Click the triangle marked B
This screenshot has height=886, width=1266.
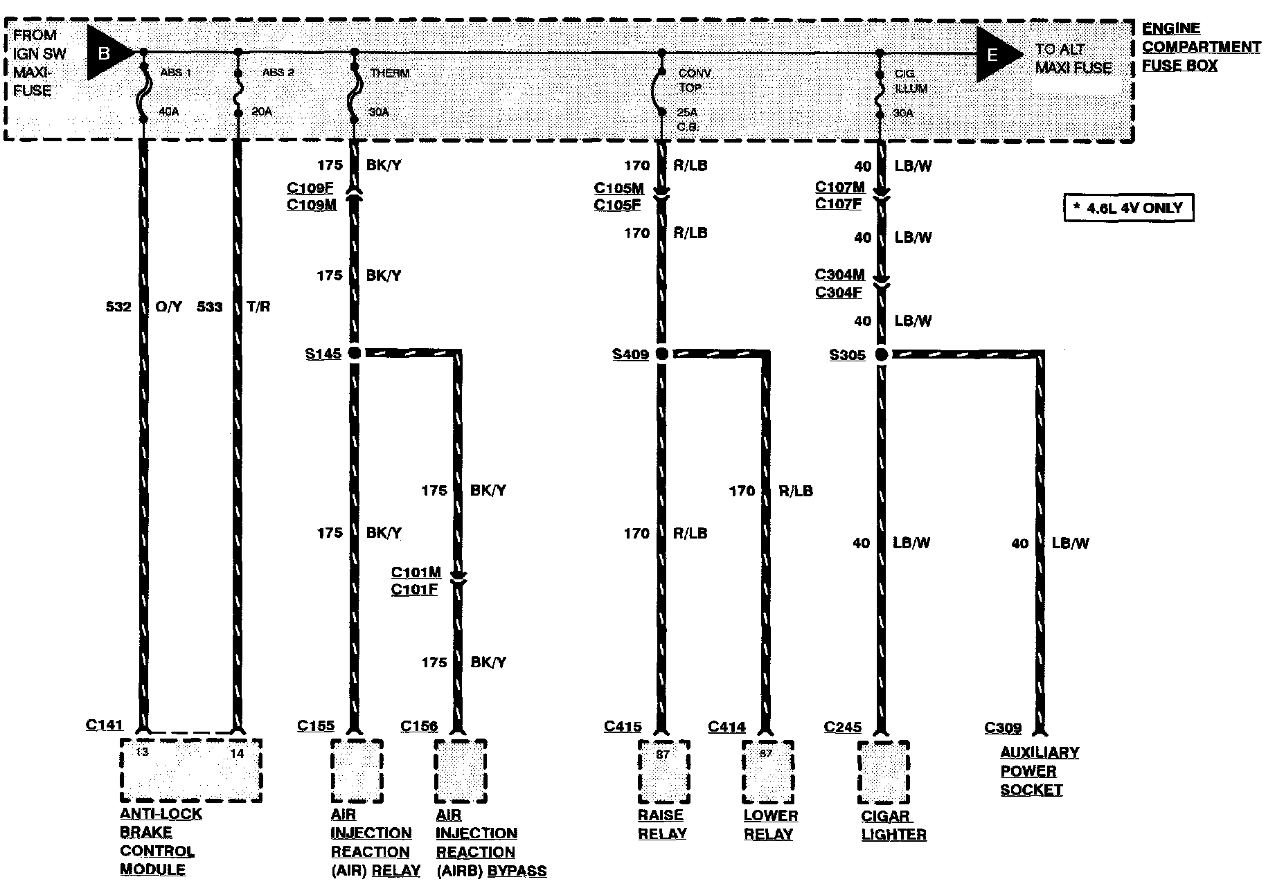107,53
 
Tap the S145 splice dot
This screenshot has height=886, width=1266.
354,353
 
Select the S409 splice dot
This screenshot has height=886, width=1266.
661,354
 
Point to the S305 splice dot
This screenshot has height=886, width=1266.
881,354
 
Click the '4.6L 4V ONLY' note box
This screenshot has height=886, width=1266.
1128,208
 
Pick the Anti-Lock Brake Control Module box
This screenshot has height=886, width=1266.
191,770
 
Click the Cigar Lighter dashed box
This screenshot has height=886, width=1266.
883,772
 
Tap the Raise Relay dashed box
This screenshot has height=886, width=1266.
663,772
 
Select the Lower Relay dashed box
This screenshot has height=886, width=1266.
767,772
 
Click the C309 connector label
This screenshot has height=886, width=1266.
1003,727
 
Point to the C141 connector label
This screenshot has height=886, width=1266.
104,725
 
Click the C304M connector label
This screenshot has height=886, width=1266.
839,275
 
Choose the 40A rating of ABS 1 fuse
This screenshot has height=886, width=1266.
169,111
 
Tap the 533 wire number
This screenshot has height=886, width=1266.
210,306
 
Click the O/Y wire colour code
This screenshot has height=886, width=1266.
168,306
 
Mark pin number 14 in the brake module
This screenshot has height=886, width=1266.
237,753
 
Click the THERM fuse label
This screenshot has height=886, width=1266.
390,73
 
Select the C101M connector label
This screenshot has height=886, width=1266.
416,572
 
